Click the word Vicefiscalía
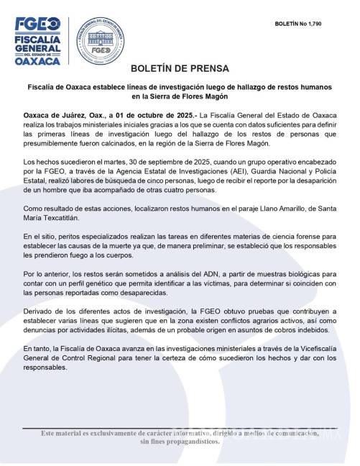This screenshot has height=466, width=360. [x=318, y=349]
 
